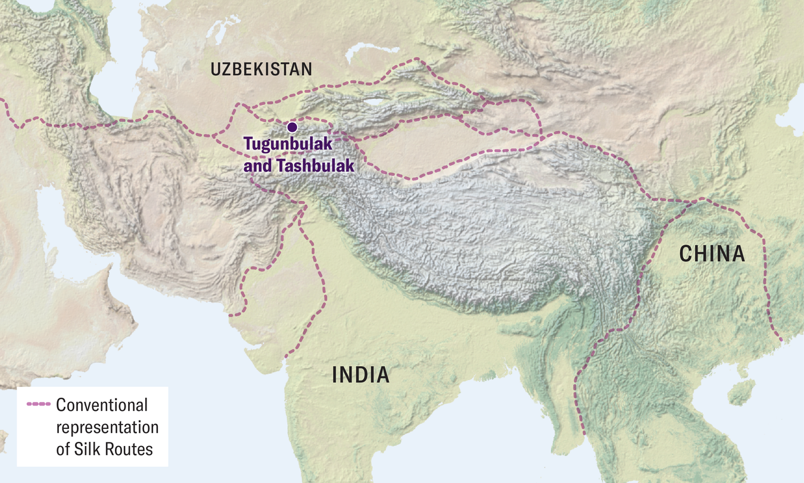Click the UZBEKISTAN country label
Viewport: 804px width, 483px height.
pos(261,70)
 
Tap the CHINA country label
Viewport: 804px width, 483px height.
pos(712,254)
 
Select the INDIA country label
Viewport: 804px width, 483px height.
pos(360,375)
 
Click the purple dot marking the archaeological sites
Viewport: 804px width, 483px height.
pos(292,127)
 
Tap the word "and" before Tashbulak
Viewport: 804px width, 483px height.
pos(257,166)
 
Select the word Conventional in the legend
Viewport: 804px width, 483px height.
pos(101,405)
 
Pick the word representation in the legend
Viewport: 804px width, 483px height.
pos(107,427)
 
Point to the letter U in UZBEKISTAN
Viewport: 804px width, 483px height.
pos(215,70)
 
